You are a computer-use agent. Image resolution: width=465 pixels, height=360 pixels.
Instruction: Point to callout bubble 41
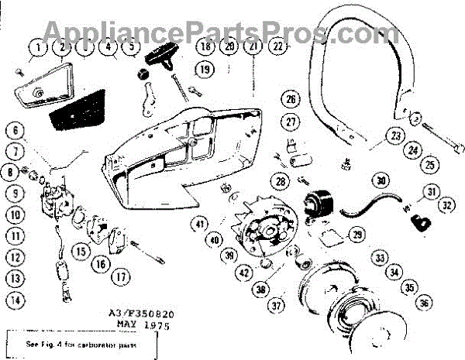coord(200,225)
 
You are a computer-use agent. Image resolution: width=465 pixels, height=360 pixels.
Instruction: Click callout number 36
coord(425,304)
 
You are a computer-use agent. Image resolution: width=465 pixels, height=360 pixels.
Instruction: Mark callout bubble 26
coord(291,100)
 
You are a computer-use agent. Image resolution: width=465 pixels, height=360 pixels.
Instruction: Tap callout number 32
coord(447,205)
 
